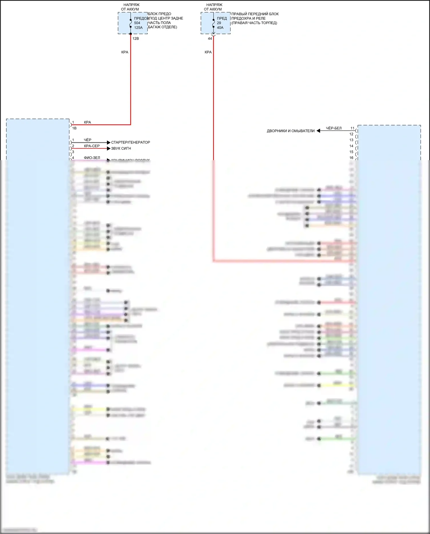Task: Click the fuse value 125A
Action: coord(138,28)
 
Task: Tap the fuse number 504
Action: coord(137,23)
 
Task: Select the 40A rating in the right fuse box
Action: coord(220,28)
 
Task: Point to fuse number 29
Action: coord(219,23)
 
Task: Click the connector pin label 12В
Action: coord(136,38)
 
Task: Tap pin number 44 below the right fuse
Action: coord(210,38)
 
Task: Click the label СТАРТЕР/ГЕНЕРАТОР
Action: coord(130,142)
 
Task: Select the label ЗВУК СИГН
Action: coord(121,148)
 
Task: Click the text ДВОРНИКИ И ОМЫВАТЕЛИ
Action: coord(290,131)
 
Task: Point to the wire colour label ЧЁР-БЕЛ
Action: coord(334,128)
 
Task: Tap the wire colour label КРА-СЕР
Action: coord(92,146)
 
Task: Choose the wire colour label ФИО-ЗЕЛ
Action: coord(92,158)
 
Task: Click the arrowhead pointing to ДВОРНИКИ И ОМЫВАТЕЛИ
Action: coord(318,131)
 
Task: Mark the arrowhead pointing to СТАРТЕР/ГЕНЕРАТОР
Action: coord(108,142)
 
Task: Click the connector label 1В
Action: coord(74,128)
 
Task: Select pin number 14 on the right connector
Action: coord(351,146)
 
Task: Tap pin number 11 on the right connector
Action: coord(352,128)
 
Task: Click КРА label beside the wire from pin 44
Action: coord(208,52)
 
